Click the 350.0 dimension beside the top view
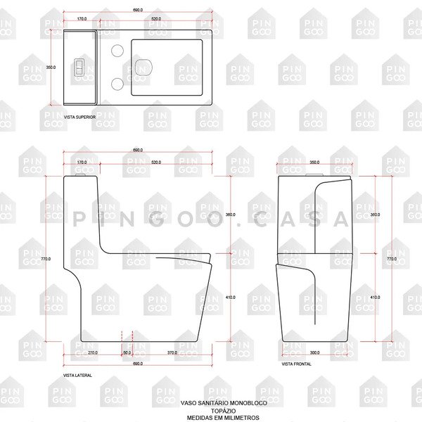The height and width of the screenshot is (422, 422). pyautogui.click(x=51, y=68)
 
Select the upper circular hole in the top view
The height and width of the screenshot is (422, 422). pyautogui.click(x=118, y=51)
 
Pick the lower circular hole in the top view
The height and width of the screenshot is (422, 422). pyautogui.click(x=118, y=84)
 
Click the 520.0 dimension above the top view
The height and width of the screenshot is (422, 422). pyautogui.click(x=155, y=18)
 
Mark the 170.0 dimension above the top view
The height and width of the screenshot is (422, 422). pyautogui.click(x=82, y=18)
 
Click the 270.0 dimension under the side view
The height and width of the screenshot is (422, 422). pyautogui.click(x=92, y=352)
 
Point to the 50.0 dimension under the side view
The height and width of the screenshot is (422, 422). pyautogui.click(x=127, y=352)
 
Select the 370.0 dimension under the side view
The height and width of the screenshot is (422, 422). pyautogui.click(x=172, y=352)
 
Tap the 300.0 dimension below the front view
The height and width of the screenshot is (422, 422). pyautogui.click(x=314, y=352)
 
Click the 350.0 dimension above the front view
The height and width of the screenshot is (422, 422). pyautogui.click(x=314, y=162)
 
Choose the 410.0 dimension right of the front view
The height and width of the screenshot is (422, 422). pyautogui.click(x=375, y=297)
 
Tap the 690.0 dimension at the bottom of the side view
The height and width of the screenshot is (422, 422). pyautogui.click(x=138, y=364)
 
